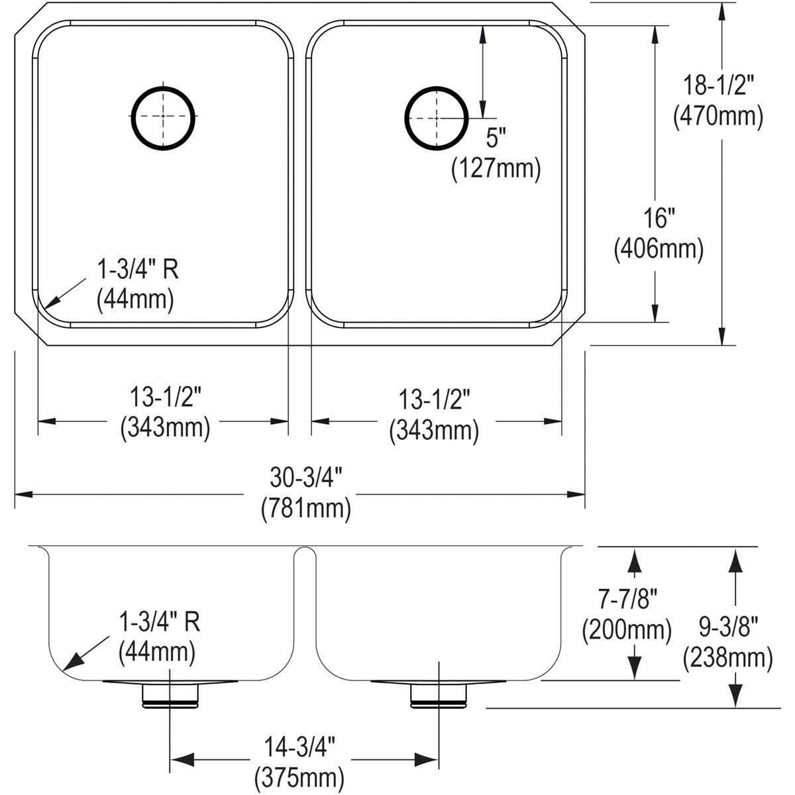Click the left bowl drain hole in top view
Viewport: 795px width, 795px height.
(x=164, y=116)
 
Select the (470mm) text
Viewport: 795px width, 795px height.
(x=719, y=116)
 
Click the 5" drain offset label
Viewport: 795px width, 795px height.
(x=496, y=138)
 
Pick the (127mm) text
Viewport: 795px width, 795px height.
(x=496, y=169)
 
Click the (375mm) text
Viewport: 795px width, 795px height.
(x=294, y=775)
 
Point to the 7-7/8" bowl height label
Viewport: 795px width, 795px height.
(x=625, y=599)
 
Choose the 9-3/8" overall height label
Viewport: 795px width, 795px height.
(x=728, y=627)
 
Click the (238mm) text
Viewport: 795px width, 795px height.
(x=728, y=657)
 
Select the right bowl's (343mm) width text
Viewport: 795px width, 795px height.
(x=434, y=431)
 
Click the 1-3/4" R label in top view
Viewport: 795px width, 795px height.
(x=138, y=270)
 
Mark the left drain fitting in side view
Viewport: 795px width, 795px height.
(x=170, y=693)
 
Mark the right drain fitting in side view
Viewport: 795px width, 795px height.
(x=438, y=693)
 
